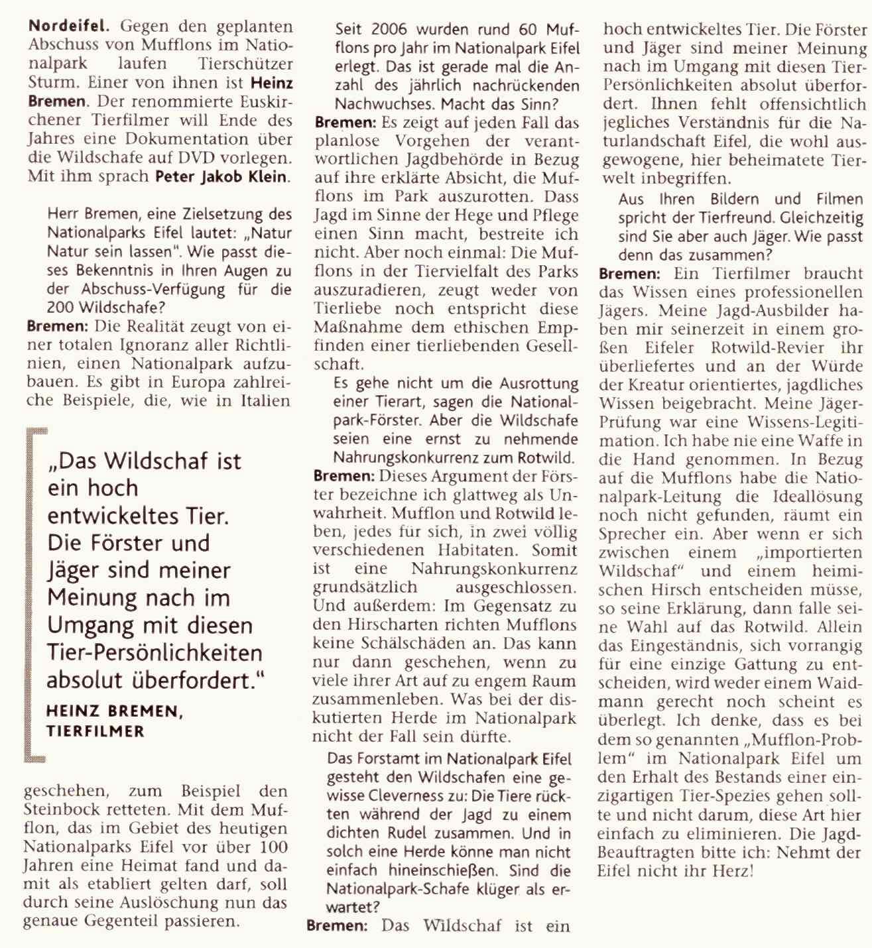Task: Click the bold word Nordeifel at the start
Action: [x=64, y=27]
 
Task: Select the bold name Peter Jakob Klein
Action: [x=223, y=176]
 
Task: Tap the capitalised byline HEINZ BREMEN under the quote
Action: [x=113, y=711]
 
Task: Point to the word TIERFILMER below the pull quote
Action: [x=95, y=731]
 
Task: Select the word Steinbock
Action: [x=64, y=809]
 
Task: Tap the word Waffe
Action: [x=818, y=440]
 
